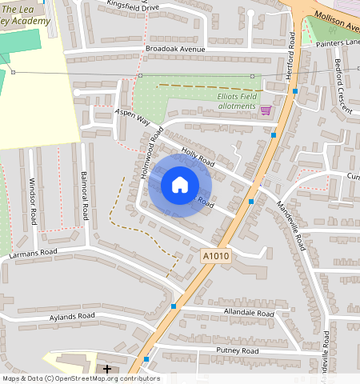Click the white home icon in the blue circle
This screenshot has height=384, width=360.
click(180, 185)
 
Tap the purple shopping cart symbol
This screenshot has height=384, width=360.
click(266, 110)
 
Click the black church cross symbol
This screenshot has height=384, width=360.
click(107, 369)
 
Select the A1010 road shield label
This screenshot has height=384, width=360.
click(215, 256)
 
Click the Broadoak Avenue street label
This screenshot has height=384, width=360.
click(175, 50)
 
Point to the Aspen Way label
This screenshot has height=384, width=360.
click(134, 118)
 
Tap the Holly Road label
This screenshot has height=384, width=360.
click(198, 157)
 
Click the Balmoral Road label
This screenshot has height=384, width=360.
click(83, 195)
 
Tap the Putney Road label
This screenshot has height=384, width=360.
click(238, 351)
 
